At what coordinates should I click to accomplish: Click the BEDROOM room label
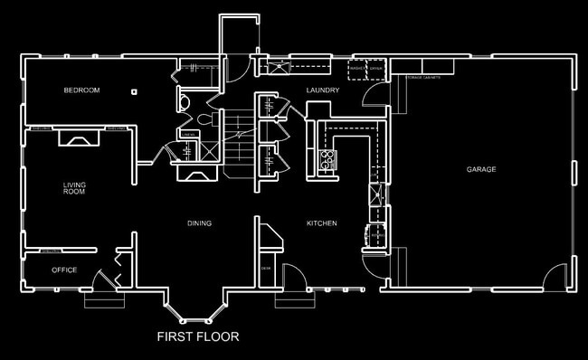pos(81,90)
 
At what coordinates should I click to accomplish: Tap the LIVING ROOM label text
pos(74,188)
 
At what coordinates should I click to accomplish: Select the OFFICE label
pos(64,270)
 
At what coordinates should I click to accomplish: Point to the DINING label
pos(199,223)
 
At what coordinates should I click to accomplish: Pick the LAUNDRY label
pos(323,90)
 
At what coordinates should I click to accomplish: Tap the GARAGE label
pos(481,170)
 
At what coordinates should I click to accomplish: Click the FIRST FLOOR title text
pos(198,338)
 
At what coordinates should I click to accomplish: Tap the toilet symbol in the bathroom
pos(203,118)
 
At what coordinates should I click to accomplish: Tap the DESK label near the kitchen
pos(266,269)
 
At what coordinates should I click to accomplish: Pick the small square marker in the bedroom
pos(134,91)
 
